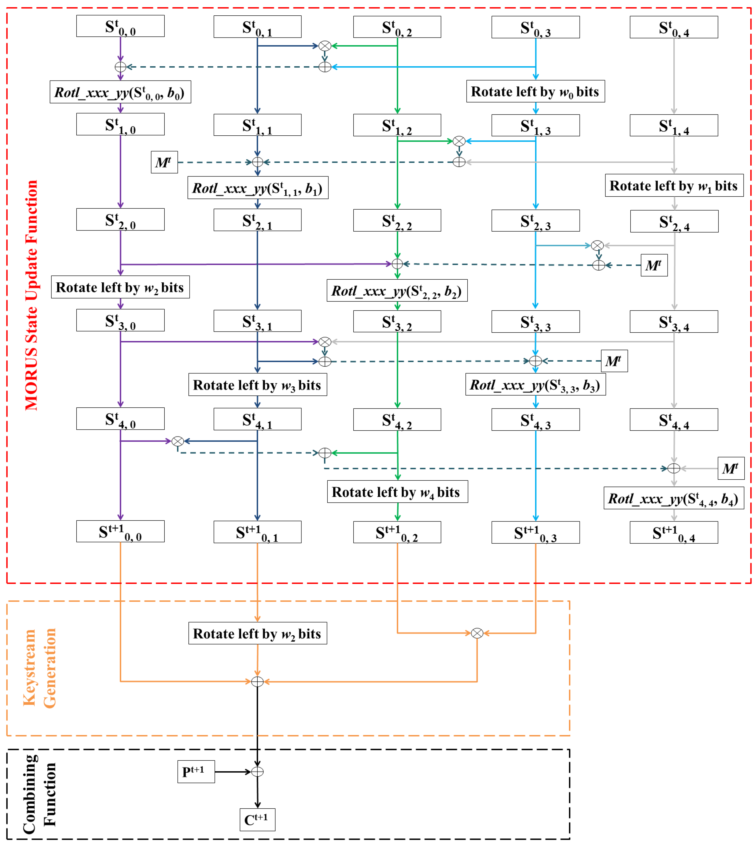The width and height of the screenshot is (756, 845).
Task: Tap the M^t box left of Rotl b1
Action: [164, 162]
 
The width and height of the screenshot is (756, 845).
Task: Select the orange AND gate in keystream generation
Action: [477, 633]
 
